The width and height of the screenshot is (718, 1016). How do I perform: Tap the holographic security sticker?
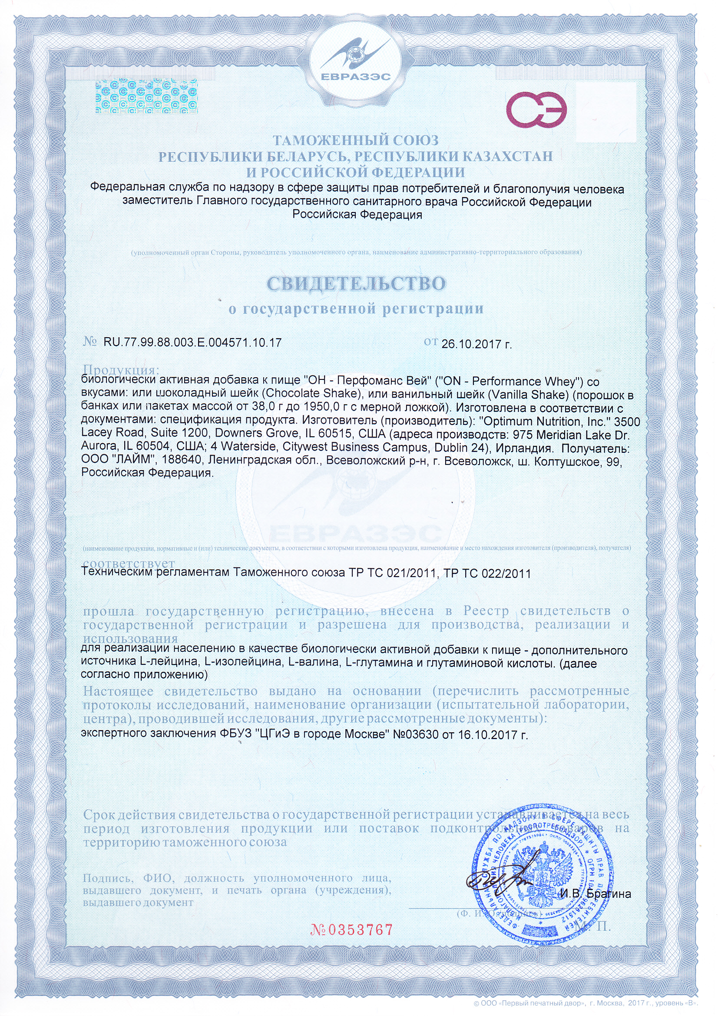click(x=146, y=96)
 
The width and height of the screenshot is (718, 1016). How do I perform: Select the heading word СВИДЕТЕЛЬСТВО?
click(x=357, y=284)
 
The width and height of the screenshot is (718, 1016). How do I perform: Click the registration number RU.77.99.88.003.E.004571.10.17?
click(x=192, y=342)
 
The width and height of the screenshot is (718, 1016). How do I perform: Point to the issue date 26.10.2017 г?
click(x=476, y=344)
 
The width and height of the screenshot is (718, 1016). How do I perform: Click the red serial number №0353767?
click(x=352, y=930)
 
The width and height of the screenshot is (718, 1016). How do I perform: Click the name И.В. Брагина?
click(x=596, y=893)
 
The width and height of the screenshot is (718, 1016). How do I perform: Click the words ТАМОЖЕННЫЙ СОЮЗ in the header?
click(x=356, y=141)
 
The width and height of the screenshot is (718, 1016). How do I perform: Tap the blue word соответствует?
click(x=129, y=564)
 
